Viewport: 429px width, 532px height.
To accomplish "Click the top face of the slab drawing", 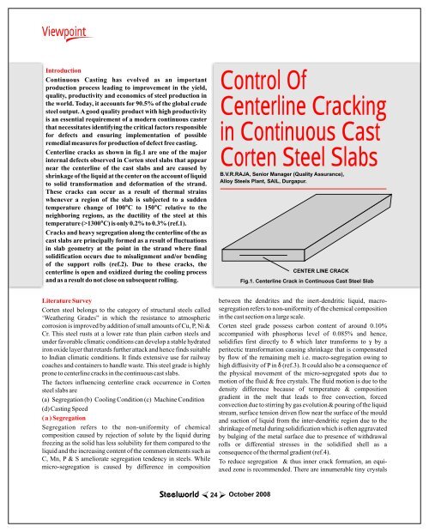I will tap(309, 215).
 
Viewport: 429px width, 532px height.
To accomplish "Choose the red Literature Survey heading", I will tap(73, 302).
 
